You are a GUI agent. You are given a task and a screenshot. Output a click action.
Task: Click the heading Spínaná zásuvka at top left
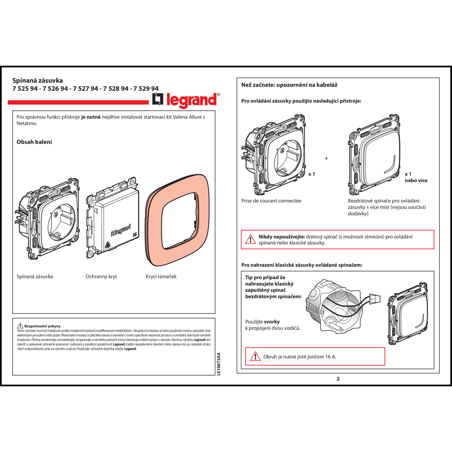(38, 80)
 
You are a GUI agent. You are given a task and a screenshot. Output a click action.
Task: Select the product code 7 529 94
(146, 89)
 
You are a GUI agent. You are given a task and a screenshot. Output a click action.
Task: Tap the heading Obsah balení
(34, 142)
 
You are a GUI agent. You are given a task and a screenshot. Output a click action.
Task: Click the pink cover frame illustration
(177, 220)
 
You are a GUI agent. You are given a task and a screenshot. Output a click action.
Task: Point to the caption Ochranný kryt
(101, 276)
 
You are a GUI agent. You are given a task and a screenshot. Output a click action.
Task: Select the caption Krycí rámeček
(161, 276)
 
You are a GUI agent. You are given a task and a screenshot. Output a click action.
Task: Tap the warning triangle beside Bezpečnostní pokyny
(20, 326)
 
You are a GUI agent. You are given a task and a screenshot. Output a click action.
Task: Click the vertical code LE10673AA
(219, 364)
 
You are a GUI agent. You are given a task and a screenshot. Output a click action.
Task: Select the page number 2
(338, 379)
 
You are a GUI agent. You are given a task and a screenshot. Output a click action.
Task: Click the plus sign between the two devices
(326, 159)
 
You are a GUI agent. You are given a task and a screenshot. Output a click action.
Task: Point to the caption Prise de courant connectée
(271, 201)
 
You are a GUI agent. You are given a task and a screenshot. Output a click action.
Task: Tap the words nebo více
(416, 180)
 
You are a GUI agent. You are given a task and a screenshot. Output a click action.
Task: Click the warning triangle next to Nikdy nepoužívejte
(250, 240)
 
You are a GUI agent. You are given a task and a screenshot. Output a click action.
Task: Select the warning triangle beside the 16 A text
(255, 356)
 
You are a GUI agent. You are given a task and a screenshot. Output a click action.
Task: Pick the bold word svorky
(272, 322)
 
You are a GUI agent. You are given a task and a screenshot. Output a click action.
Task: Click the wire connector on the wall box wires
(375, 299)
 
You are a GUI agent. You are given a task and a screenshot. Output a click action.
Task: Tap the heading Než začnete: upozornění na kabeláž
(289, 85)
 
